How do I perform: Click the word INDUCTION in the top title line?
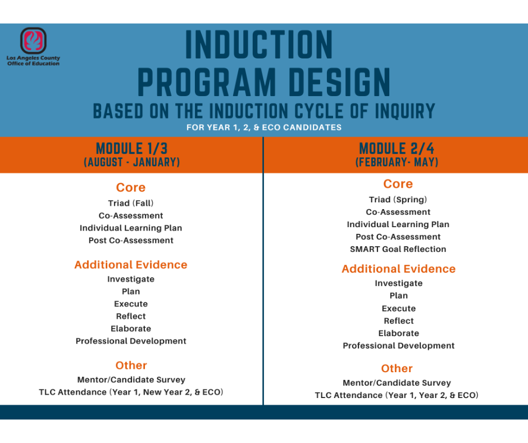pyautogui.click(x=259, y=46)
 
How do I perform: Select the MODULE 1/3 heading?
pyautogui.click(x=131, y=148)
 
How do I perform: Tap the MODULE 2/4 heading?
pyautogui.click(x=397, y=148)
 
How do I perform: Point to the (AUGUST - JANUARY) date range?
pyautogui.click(x=131, y=162)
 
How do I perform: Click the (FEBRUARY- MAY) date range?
pyautogui.click(x=397, y=162)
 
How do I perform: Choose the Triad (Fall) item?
pyautogui.click(x=131, y=203)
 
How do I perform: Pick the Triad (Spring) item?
pyautogui.click(x=398, y=200)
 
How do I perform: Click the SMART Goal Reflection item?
pyautogui.click(x=398, y=249)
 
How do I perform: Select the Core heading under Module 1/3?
pyautogui.click(x=131, y=188)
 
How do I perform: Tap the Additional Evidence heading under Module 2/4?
pyautogui.click(x=398, y=269)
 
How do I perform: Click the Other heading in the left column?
pyautogui.click(x=131, y=365)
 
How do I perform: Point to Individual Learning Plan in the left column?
pyautogui.click(x=131, y=228)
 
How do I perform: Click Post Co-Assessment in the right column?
pyautogui.click(x=398, y=237)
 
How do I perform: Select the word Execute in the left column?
pyautogui.click(x=131, y=304)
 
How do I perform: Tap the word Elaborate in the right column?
pyautogui.click(x=398, y=333)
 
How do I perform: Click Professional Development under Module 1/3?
pyautogui.click(x=131, y=341)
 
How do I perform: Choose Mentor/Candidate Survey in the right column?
pyautogui.click(x=397, y=383)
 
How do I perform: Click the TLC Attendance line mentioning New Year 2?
pyautogui.click(x=131, y=392)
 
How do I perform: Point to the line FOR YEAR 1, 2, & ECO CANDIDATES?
pyautogui.click(x=264, y=128)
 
